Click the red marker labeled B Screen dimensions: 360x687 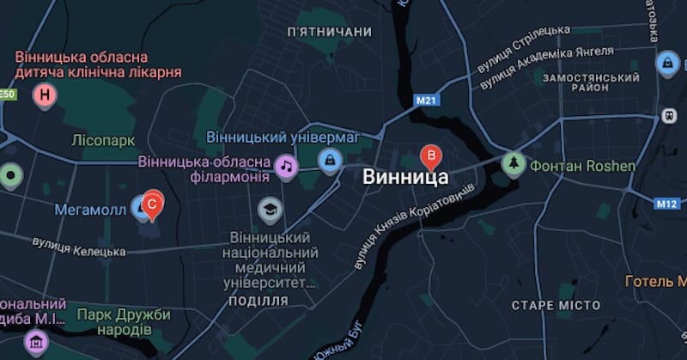click(432, 156)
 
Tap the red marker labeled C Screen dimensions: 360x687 click(152, 204)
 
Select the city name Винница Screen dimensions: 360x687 click(406, 178)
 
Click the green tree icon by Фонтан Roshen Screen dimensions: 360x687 click(514, 163)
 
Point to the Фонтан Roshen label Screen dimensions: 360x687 click(583, 165)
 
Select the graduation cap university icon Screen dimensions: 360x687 click(270, 209)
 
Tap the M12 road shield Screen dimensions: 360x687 click(666, 204)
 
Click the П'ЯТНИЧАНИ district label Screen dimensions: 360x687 click(330, 32)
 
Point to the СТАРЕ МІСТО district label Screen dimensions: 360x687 click(556, 306)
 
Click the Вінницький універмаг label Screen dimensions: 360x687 click(282, 137)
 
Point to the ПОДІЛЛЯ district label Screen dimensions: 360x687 click(260, 300)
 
